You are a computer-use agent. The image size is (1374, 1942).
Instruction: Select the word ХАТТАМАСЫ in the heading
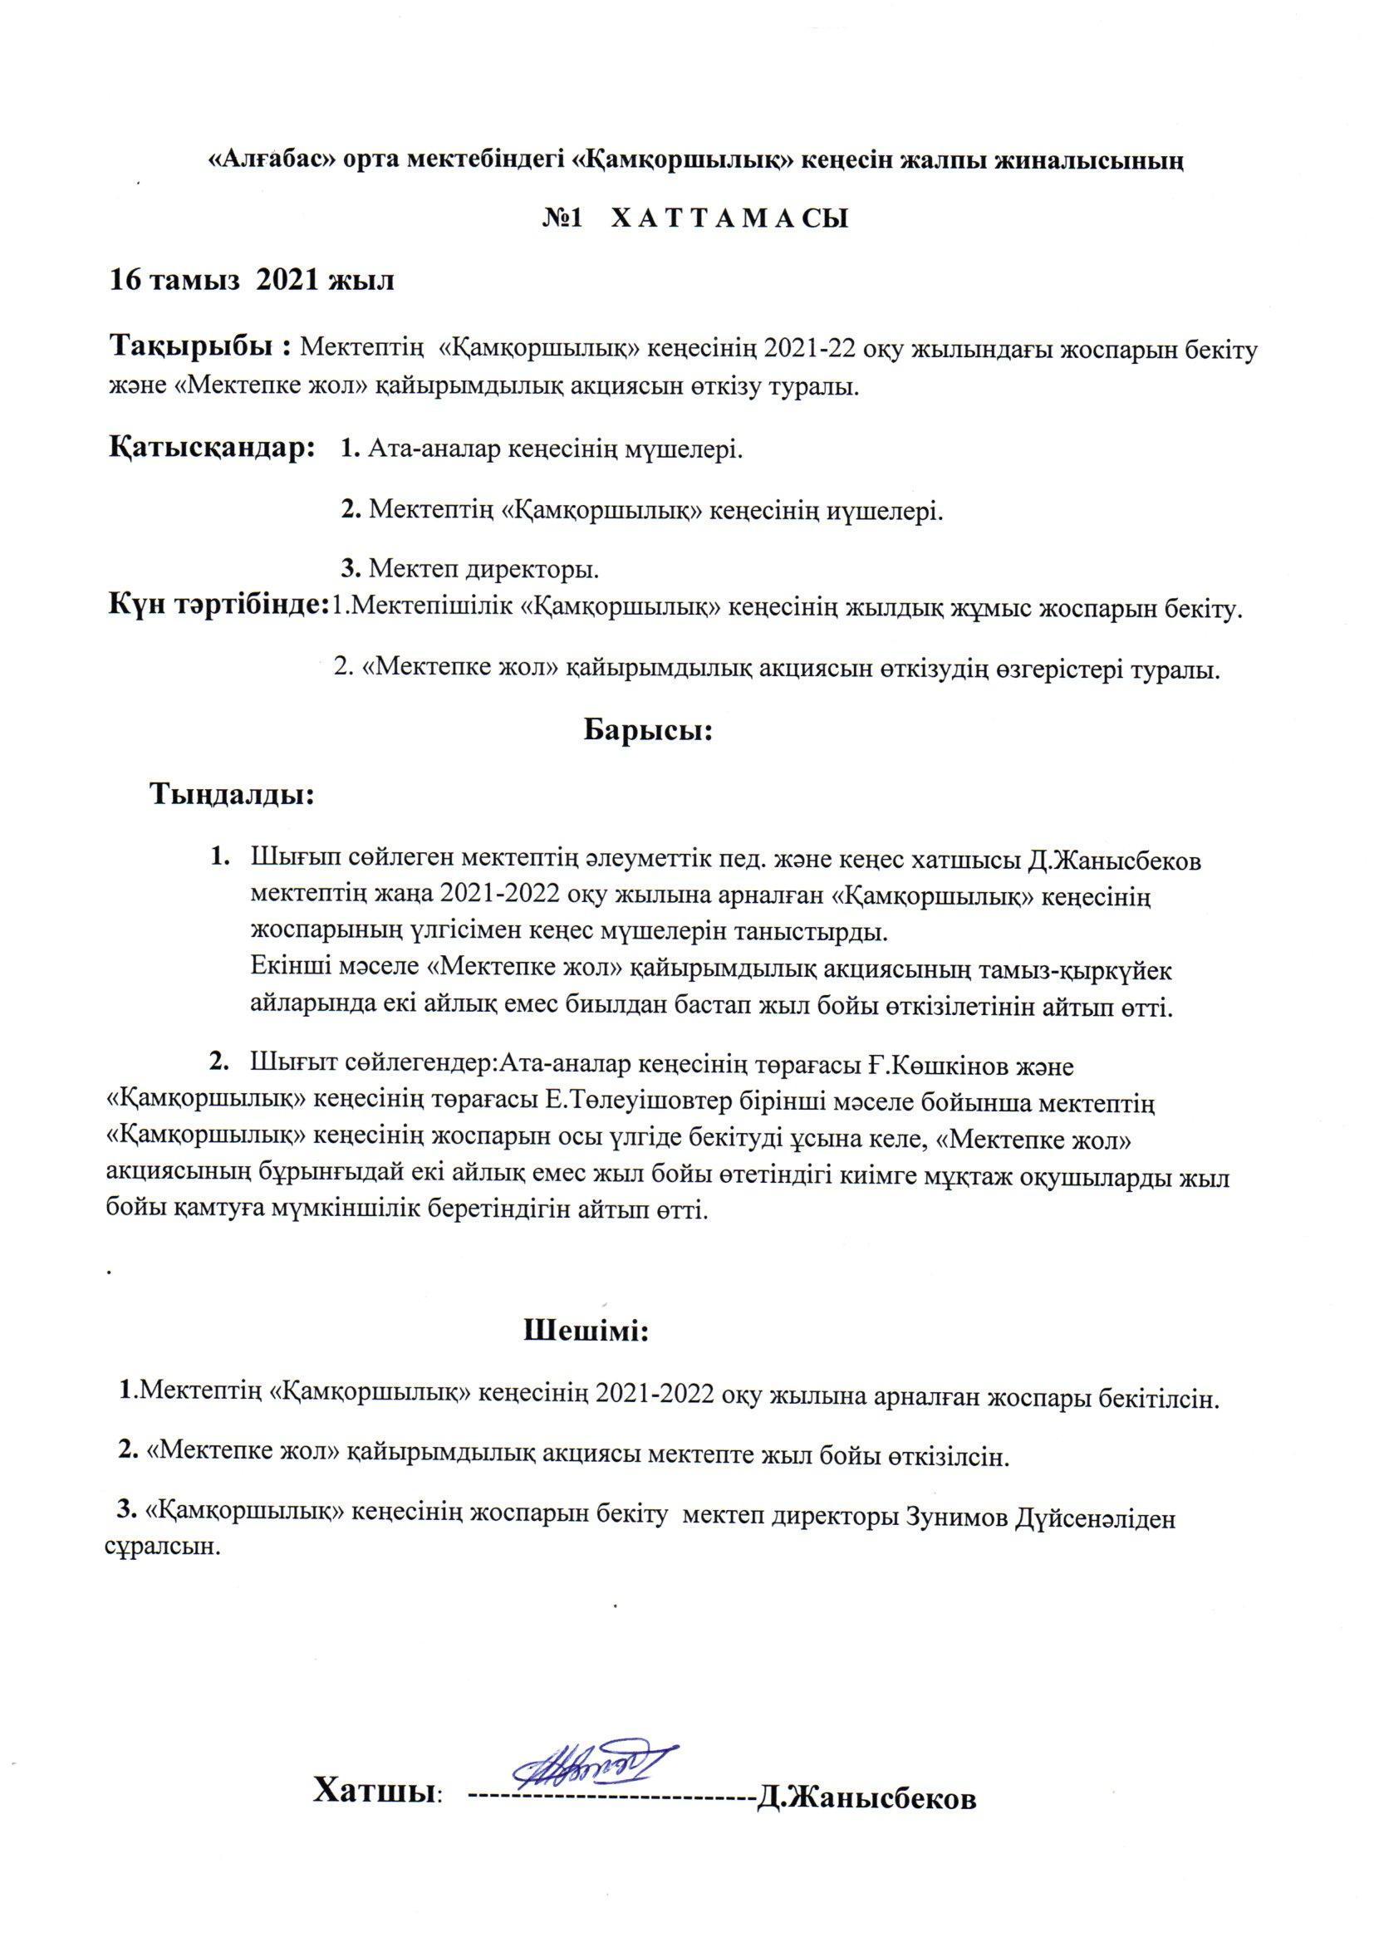coord(729,220)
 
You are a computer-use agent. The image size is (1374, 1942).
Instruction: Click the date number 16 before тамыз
coord(126,280)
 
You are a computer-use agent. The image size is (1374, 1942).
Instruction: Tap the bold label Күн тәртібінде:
coord(218,606)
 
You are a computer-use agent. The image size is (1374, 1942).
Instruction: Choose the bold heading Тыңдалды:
coord(233,794)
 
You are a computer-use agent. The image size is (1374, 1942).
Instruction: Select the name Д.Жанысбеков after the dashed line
coord(866,1792)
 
